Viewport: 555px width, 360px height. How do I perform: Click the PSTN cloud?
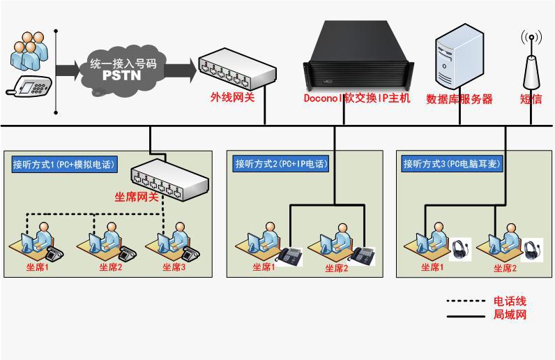122,70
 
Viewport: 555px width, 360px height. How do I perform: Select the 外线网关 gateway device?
237,70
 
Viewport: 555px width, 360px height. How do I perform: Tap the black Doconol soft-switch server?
358,57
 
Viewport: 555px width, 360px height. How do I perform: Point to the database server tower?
459,57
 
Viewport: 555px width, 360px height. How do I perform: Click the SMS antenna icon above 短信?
531,59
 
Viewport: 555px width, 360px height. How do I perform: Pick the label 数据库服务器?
459,99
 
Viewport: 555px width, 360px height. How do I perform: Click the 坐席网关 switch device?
170,179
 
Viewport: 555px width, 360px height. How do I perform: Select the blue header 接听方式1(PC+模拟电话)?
64,165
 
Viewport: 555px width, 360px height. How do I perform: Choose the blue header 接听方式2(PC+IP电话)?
281,164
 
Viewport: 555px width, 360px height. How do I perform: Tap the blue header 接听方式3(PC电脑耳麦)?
452,164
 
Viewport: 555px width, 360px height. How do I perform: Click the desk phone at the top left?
29,86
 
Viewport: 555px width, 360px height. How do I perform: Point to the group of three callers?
29,51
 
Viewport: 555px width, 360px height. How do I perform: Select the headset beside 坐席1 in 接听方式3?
460,250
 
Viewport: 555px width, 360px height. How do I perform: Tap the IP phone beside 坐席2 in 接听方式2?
363,256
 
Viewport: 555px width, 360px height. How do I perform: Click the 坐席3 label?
174,267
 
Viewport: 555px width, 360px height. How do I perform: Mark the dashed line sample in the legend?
466,301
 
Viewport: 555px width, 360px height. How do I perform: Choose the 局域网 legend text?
510,314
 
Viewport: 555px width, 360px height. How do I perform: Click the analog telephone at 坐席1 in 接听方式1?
55,253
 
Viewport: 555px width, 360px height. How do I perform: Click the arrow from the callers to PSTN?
68,70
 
